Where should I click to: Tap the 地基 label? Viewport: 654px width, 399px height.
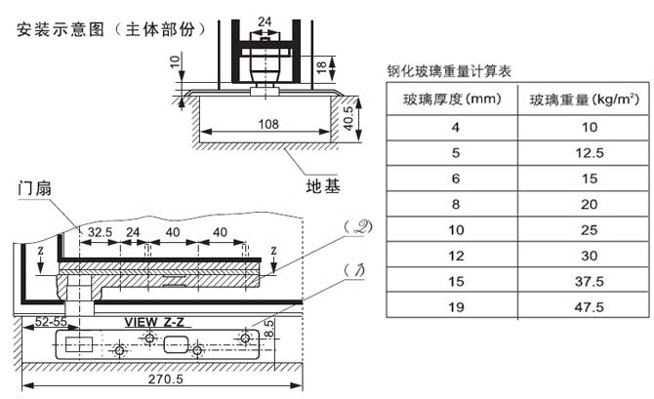323,185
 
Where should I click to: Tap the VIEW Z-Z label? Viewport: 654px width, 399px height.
157,321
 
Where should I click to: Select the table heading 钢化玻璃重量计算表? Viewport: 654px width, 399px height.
450,70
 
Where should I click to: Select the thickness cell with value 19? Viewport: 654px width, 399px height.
427,307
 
